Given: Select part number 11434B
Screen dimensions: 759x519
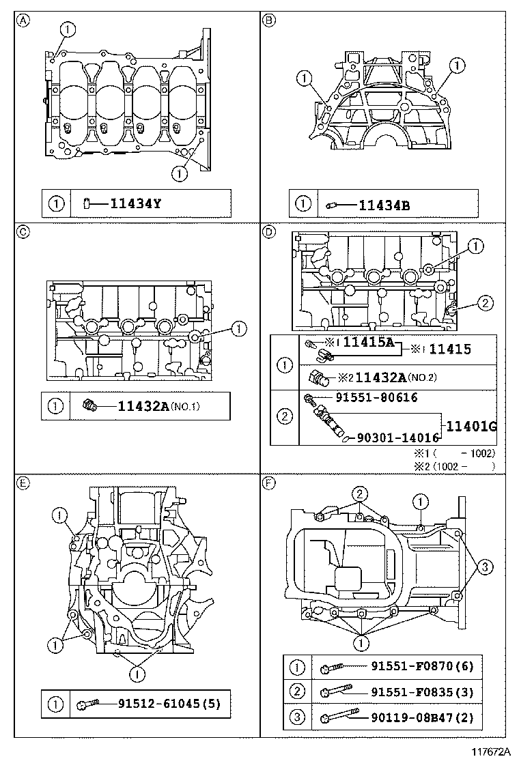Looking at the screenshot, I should (384, 203).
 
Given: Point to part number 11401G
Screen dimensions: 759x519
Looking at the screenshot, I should (471, 427).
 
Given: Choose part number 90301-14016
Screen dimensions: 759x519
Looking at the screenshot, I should (394, 438).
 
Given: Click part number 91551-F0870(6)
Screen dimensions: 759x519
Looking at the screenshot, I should (421, 666).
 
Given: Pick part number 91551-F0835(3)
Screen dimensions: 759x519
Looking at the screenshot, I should (421, 692).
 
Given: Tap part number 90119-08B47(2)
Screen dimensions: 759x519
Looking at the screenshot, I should (421, 717).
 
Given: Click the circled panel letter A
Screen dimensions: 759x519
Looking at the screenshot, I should (23, 20).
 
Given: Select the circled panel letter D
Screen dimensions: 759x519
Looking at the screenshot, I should (269, 232).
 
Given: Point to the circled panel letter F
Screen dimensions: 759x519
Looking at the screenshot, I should (269, 483).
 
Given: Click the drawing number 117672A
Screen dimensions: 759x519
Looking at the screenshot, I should (490, 751).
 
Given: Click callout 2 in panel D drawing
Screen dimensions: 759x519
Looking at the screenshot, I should (482, 303).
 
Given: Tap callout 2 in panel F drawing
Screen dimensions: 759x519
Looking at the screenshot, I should (359, 493).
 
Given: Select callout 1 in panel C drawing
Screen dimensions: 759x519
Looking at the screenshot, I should (238, 329).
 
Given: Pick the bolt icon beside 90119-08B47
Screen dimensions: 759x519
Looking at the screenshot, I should (339, 717).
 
